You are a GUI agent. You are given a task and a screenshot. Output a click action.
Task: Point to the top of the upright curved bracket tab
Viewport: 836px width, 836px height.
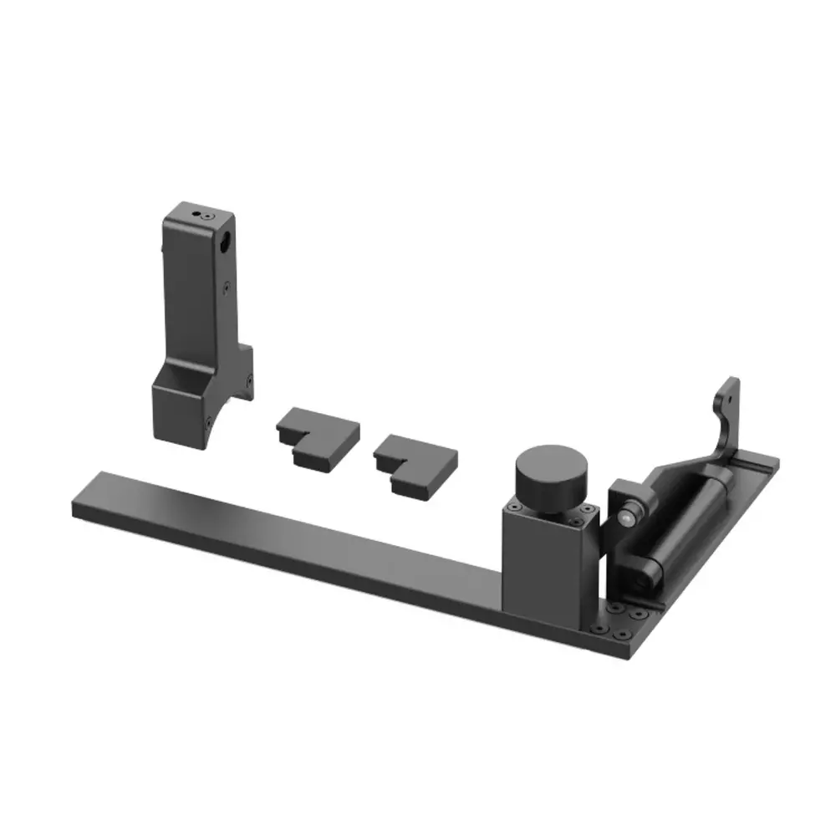click(x=730, y=383)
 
